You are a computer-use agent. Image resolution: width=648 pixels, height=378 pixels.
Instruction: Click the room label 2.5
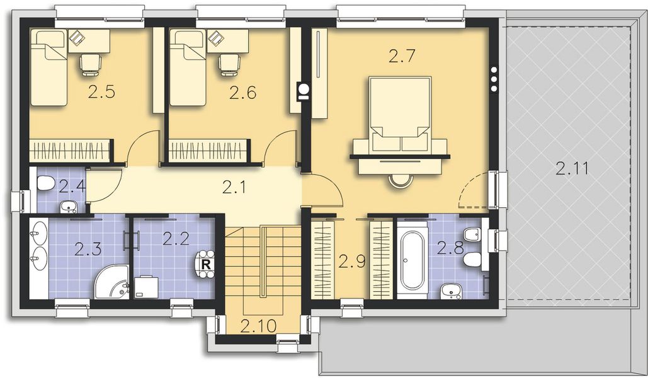101,93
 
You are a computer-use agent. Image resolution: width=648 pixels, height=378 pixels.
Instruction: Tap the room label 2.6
242,93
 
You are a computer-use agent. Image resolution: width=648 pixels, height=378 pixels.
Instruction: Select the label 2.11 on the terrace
573,168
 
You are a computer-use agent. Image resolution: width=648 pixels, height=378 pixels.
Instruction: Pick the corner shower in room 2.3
111,282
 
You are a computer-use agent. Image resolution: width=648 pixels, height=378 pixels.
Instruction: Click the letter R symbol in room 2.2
206,264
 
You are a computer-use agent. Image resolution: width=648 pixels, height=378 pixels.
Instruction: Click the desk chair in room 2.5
89,63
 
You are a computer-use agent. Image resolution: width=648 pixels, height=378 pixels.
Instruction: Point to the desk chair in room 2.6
229,63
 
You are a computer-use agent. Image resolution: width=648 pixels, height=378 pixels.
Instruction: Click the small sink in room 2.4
69,206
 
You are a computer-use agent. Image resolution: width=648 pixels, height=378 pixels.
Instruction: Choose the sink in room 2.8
451,290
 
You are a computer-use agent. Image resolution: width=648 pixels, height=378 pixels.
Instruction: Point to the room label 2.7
401,57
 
